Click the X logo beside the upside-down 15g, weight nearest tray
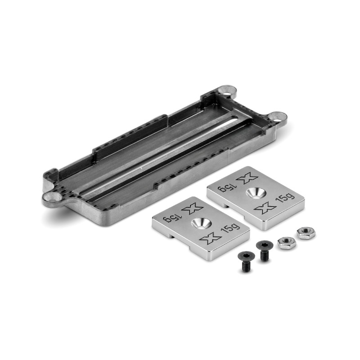point(247,179)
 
